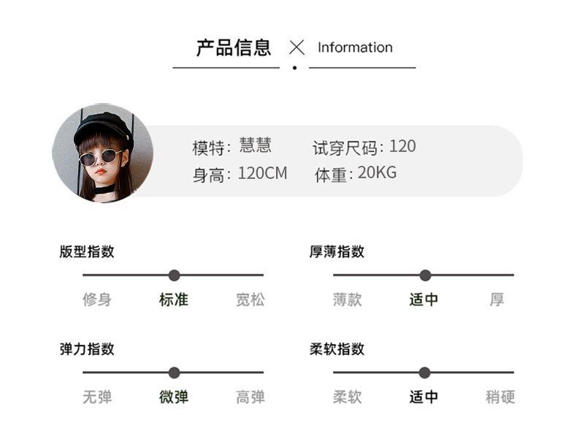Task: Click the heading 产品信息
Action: click(x=234, y=48)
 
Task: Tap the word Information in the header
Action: click(x=355, y=47)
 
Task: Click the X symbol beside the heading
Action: click(x=297, y=48)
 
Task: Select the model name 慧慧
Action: click(x=255, y=145)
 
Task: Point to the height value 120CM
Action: click(x=262, y=174)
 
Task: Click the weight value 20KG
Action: click(x=377, y=174)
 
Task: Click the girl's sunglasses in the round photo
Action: click(x=100, y=156)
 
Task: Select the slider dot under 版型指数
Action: click(x=174, y=275)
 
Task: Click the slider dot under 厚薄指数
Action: click(x=425, y=275)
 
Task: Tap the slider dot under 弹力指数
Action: click(x=174, y=372)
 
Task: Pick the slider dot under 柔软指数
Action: click(x=425, y=372)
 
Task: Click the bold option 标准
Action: click(x=174, y=299)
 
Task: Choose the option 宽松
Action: click(x=250, y=299)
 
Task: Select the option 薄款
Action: click(x=348, y=299)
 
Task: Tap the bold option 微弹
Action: click(x=174, y=397)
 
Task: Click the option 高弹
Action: click(x=250, y=397)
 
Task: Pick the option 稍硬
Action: click(x=500, y=397)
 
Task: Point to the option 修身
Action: click(x=97, y=299)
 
